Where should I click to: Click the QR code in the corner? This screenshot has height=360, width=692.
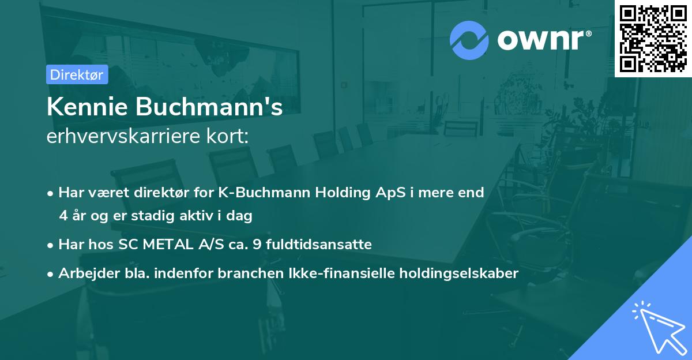point(653,39)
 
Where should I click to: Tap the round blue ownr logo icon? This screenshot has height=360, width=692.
point(469,40)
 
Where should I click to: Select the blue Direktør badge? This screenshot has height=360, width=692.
point(77,74)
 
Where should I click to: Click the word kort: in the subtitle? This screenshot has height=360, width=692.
point(231,136)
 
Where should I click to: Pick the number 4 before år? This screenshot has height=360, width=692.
point(63,216)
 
